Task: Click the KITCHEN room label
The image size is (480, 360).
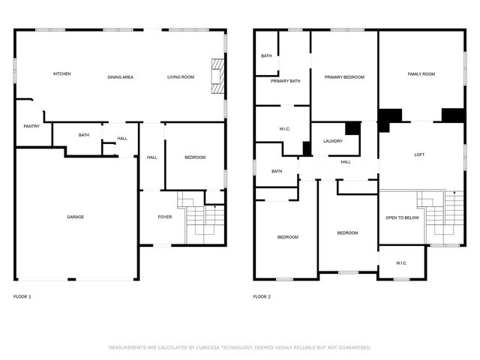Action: pyautogui.click(x=61, y=73)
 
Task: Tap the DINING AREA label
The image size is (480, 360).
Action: pyautogui.click(x=120, y=77)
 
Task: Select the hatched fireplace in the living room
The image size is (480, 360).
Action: pyautogui.click(x=217, y=76)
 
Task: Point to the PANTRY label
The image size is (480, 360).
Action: pyautogui.click(x=31, y=126)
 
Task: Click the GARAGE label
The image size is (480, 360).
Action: pyautogui.click(x=75, y=217)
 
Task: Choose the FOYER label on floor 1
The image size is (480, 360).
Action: pyautogui.click(x=165, y=217)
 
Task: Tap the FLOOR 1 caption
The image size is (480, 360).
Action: pyautogui.click(x=22, y=297)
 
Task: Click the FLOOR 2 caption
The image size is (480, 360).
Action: pyautogui.click(x=262, y=297)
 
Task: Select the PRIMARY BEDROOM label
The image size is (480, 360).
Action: pyautogui.click(x=344, y=77)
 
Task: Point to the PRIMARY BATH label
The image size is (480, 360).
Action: pyautogui.click(x=285, y=81)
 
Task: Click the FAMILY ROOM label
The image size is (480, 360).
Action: pyautogui.click(x=421, y=73)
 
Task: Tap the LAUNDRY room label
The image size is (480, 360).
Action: pyautogui.click(x=333, y=141)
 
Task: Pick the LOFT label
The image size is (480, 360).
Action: pyautogui.click(x=419, y=154)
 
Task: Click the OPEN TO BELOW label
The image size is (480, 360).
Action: pyautogui.click(x=402, y=217)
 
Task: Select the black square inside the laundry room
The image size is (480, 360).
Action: pyautogui.click(x=353, y=128)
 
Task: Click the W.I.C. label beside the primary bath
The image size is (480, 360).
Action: pyautogui.click(x=284, y=129)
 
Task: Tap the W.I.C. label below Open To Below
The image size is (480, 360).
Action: pyautogui.click(x=401, y=263)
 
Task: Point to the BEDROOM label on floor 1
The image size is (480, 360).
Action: pyautogui.click(x=195, y=157)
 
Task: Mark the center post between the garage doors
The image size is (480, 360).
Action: pyautogui.click(x=72, y=279)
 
